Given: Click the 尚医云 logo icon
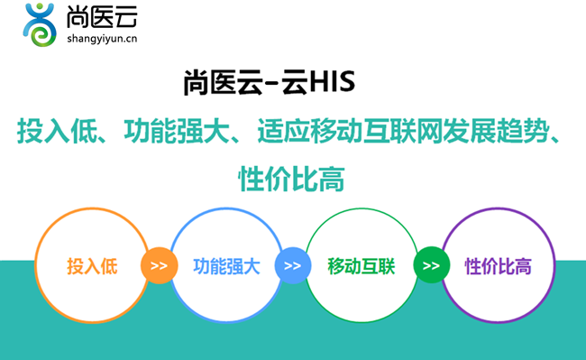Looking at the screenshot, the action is click(x=40, y=24).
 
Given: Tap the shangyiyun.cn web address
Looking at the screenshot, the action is click(x=102, y=39).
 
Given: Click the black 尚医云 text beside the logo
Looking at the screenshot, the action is click(x=102, y=17).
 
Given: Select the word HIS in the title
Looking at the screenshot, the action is click(x=333, y=82).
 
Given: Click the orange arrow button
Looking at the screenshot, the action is click(x=160, y=265).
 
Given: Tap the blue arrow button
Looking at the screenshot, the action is click(x=293, y=265).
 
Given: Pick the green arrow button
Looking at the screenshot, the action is click(x=431, y=265).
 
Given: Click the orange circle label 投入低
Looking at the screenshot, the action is click(x=92, y=266).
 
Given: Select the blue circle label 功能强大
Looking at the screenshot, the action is click(x=226, y=266).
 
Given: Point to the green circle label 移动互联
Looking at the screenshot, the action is click(x=361, y=266).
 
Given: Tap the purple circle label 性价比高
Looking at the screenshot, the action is click(x=499, y=266).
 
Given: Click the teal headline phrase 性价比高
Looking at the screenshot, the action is click(x=291, y=179).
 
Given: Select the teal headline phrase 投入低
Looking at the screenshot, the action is click(x=57, y=131).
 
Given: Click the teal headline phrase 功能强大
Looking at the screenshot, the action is click(x=177, y=131).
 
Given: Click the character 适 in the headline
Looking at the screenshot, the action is click(x=270, y=131).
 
